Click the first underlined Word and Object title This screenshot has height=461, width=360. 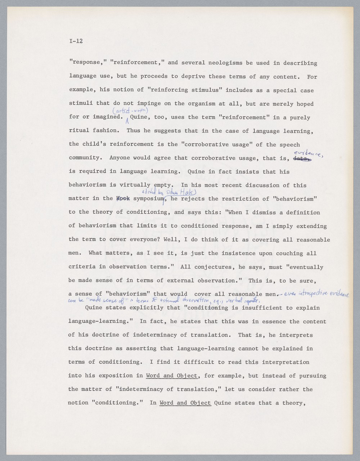tap(172, 376)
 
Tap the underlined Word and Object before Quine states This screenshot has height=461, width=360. tap(185, 403)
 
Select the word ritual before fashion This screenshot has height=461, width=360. tap(78, 131)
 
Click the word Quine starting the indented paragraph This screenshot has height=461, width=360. tap(93, 308)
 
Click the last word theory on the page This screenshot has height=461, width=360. tap(295, 403)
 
